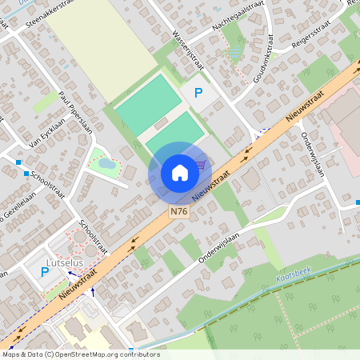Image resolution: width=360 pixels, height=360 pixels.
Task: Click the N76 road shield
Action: coord(179,212)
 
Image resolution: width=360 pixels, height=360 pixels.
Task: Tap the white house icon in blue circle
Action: coord(179,173)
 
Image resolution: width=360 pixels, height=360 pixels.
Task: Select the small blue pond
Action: coord(106,163)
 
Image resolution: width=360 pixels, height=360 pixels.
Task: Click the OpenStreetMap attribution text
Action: coord(80,354)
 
